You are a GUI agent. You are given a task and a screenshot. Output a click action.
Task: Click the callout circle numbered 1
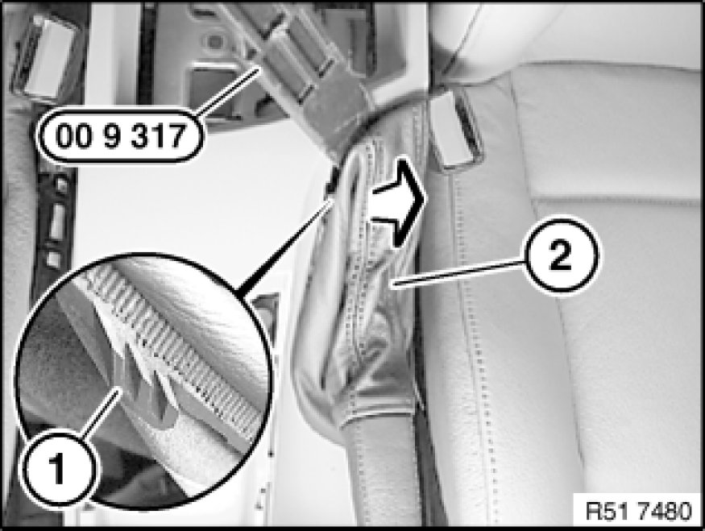pos(58,468)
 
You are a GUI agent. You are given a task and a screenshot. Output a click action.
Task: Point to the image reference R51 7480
pos(638,511)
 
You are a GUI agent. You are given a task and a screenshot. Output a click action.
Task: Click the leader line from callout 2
pos(458,273)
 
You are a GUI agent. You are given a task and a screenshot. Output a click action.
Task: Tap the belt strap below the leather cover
pos(382,472)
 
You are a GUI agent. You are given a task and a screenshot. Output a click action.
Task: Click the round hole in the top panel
pos(215,42)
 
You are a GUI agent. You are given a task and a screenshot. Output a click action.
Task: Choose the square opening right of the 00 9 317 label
pos(211,88)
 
